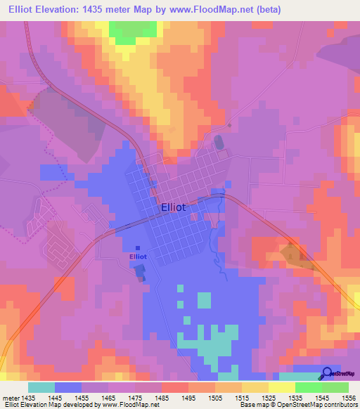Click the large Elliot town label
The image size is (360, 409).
click(x=174, y=207)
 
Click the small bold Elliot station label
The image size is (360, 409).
click(x=138, y=257)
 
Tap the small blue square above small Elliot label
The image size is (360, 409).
click(x=137, y=247)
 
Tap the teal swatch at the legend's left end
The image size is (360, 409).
click(x=41, y=387)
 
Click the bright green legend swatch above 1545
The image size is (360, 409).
click(x=308, y=387)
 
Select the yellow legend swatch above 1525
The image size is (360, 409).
click(x=281, y=387)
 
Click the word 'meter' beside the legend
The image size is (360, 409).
click(x=11, y=398)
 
